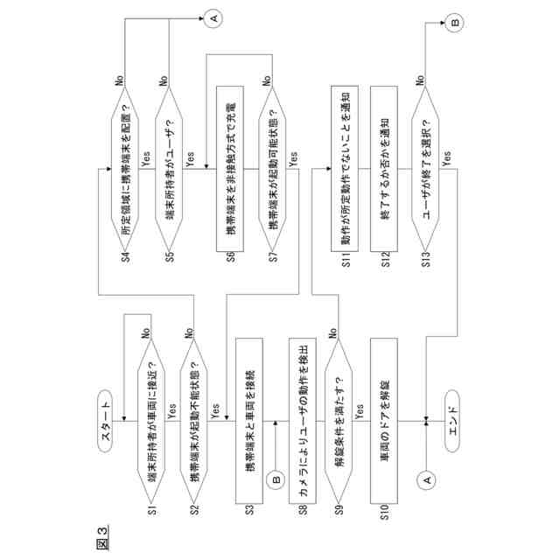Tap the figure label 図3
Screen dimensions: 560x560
coord(102,535)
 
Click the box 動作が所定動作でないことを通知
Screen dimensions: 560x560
coord(343,167)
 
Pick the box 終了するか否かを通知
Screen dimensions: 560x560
coord(385,167)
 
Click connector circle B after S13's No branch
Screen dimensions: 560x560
coord(456,25)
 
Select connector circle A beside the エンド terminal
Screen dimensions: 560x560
coord(426,479)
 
